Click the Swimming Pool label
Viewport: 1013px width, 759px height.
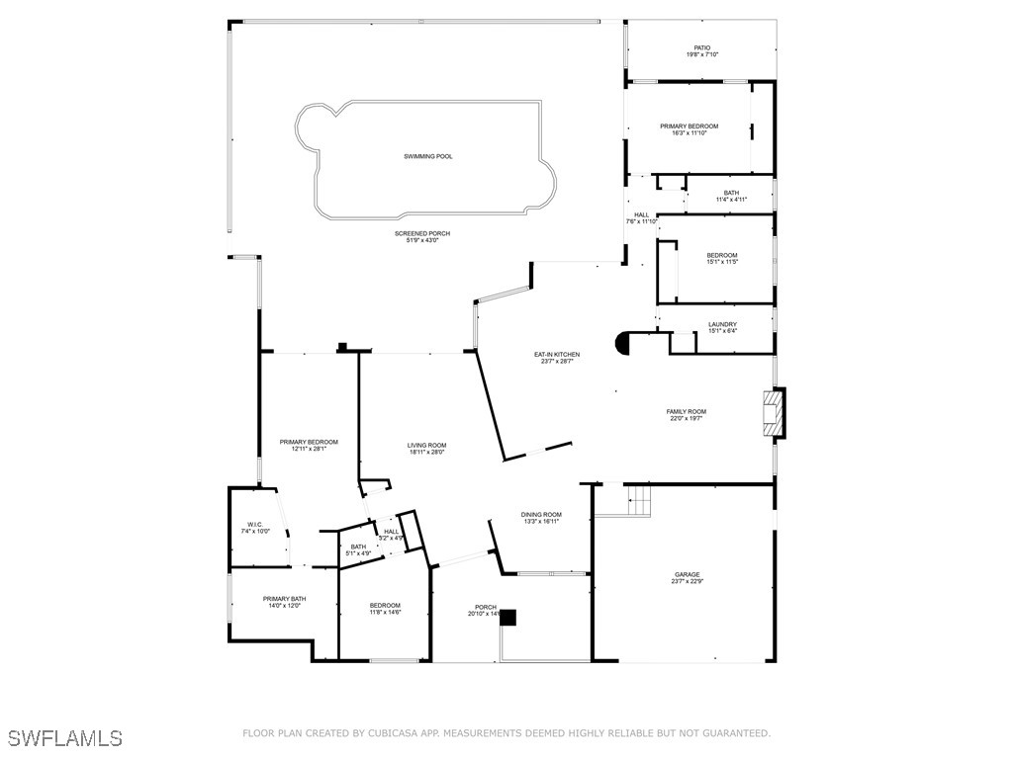tap(428, 156)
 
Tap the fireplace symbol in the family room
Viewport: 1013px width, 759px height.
tap(774, 414)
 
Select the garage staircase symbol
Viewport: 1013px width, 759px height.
tap(639, 501)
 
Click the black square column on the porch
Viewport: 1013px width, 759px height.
tap(507, 618)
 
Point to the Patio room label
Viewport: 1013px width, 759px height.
tap(701, 47)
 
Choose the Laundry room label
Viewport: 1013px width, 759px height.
tap(722, 324)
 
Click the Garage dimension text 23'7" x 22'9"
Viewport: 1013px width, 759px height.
tap(688, 582)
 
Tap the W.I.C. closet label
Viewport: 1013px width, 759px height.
tap(254, 524)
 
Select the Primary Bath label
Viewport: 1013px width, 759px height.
tap(284, 599)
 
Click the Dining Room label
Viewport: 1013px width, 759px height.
tap(541, 514)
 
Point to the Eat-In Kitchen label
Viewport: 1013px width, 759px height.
tap(557, 354)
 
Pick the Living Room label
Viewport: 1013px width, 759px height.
tap(426, 446)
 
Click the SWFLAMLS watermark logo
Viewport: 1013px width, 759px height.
tap(65, 738)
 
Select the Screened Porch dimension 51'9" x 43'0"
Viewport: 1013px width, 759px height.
tap(422, 240)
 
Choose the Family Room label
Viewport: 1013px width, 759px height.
tap(686, 411)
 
